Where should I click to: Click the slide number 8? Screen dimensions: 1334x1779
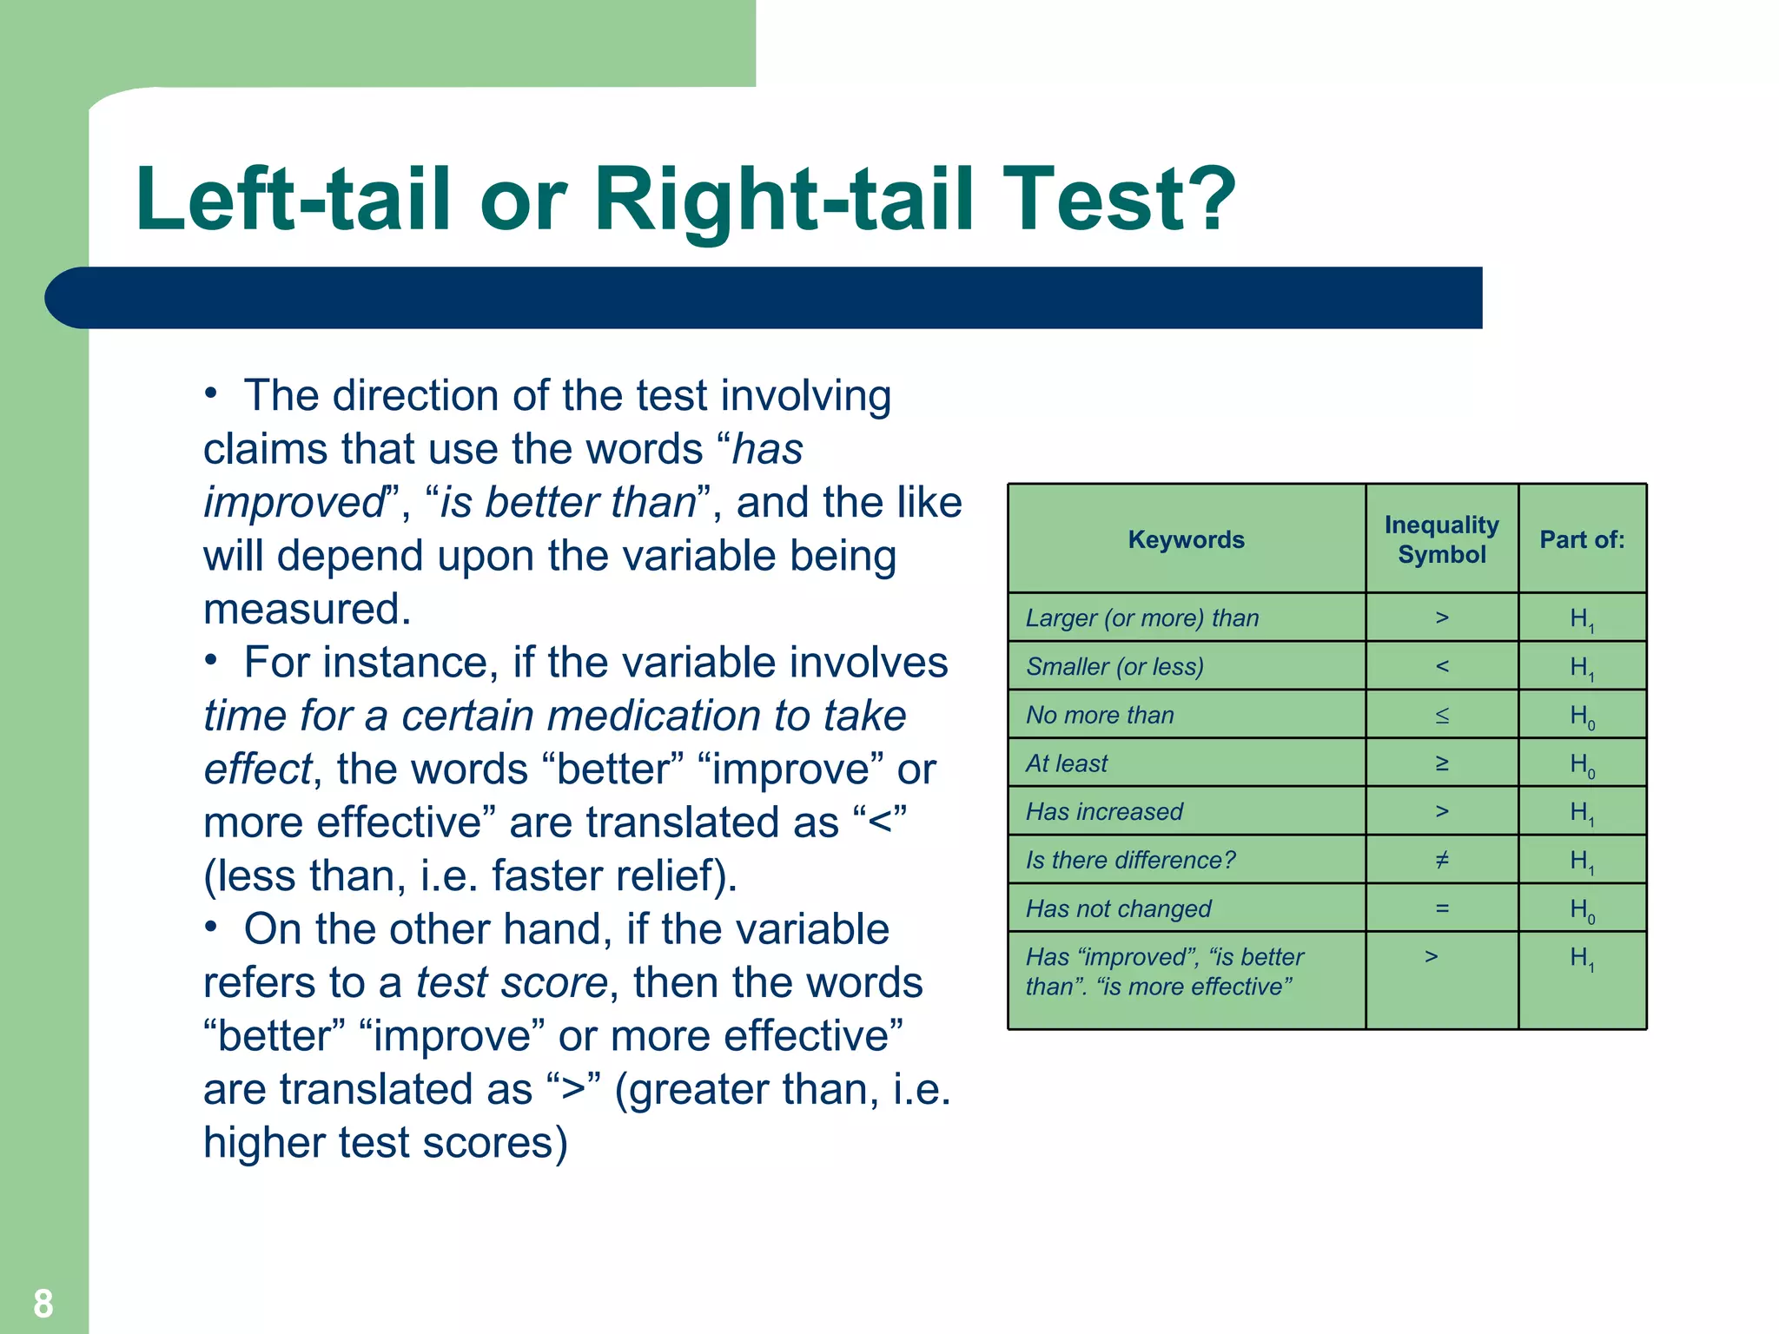pyautogui.click(x=43, y=1303)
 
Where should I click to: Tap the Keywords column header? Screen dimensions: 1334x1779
pyautogui.click(x=1186, y=539)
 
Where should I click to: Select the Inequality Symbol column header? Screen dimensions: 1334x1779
pyautogui.click(x=1441, y=539)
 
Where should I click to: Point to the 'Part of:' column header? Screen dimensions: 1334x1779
pyautogui.click(x=1582, y=539)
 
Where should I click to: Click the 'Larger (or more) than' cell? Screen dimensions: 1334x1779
pyautogui.click(x=1142, y=617)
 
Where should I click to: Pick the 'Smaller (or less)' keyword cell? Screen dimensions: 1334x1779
pyautogui.click(x=1114, y=666)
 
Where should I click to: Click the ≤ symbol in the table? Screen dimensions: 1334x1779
pyautogui.click(x=1442, y=715)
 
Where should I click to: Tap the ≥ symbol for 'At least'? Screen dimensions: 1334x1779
pyautogui.click(x=1442, y=763)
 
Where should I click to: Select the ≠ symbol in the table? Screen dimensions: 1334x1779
pyautogui.click(x=1442, y=860)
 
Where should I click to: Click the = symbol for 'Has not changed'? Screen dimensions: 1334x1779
pyautogui.click(x=1442, y=908)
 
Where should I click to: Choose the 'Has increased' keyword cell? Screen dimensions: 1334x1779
pyautogui.click(x=1104, y=811)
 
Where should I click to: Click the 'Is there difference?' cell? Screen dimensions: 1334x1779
pyautogui.click(x=1130, y=860)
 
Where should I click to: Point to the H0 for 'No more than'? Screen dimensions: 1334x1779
pyautogui.click(x=1582, y=716)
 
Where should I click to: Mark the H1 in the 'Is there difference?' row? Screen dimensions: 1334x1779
pyautogui.click(x=1582, y=861)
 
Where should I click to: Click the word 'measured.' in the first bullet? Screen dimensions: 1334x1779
pyautogui.click(x=307, y=609)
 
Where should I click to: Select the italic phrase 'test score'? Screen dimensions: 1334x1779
pyautogui.click(x=512, y=982)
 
